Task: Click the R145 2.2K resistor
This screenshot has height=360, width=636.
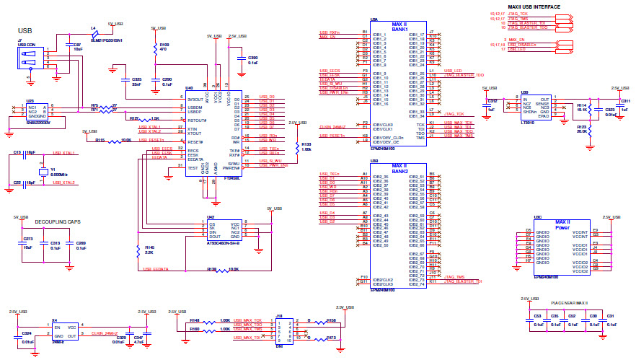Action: click(x=138, y=251)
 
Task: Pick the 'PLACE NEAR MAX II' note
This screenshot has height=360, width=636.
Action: click(x=559, y=302)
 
